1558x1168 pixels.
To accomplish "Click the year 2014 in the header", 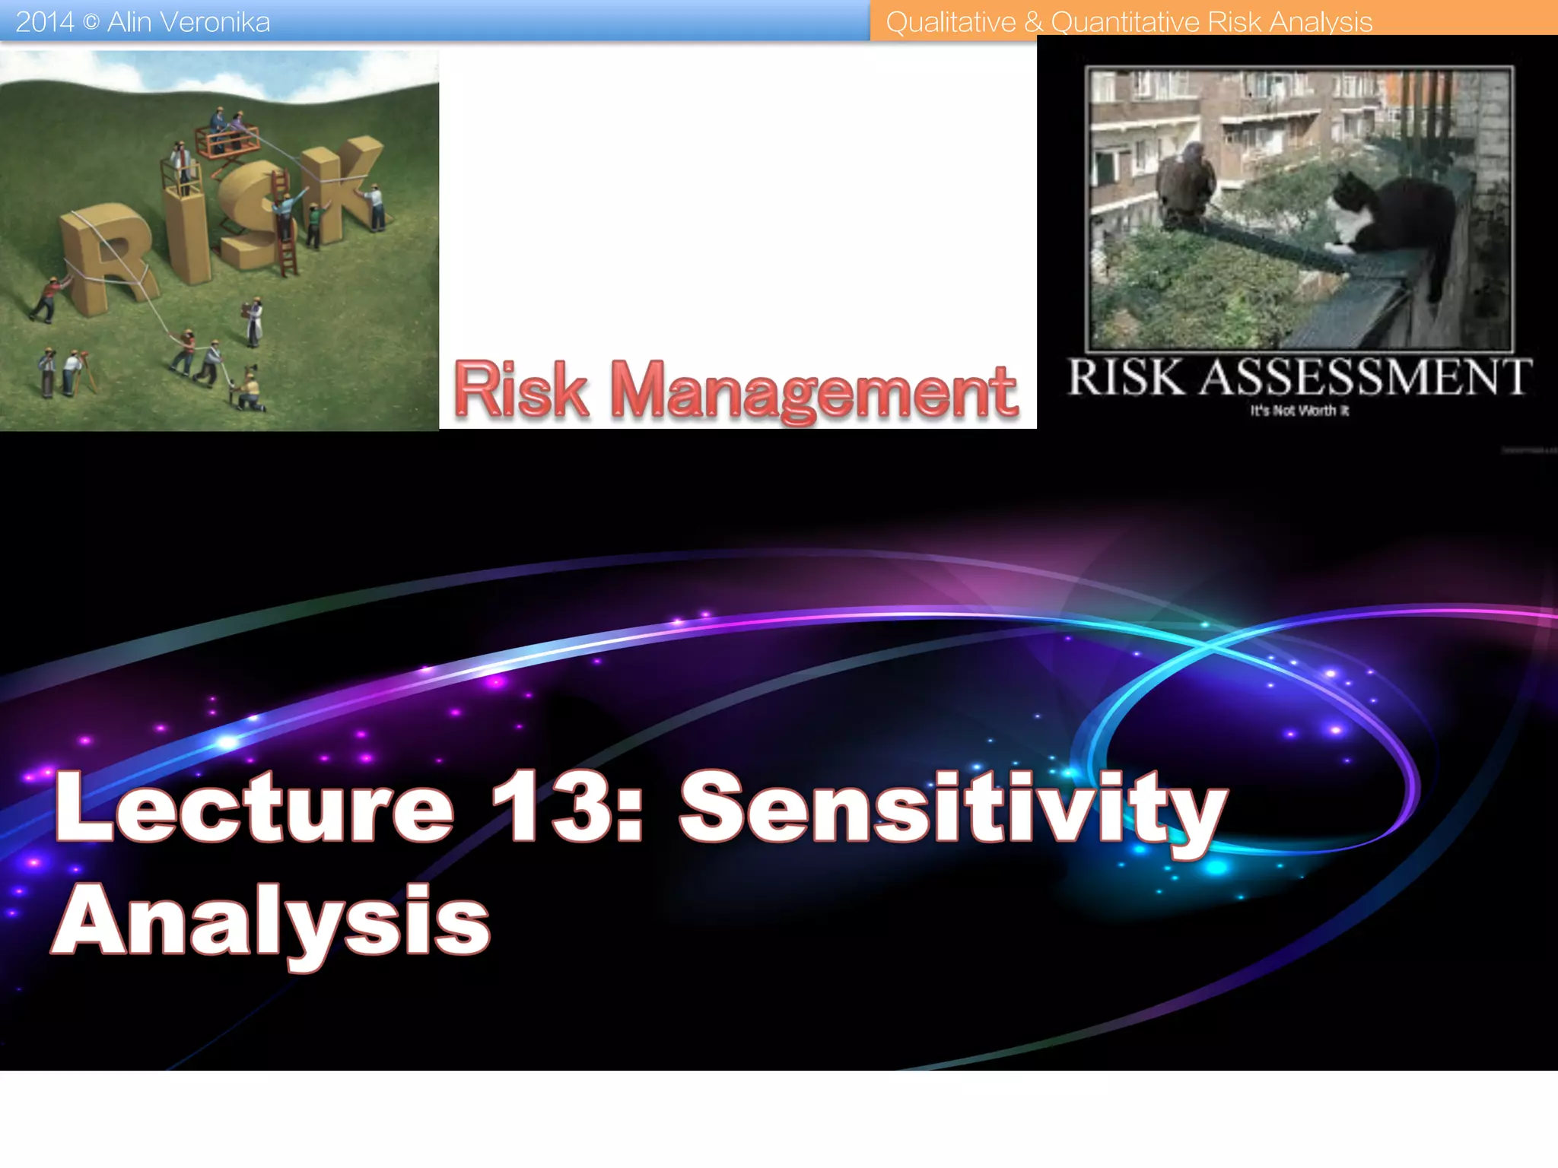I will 44,22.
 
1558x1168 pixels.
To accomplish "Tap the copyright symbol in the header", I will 91,23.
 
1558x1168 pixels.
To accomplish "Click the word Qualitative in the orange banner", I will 950,22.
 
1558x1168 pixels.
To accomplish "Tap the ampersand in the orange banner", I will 1033,23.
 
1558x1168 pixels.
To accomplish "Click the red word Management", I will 813,391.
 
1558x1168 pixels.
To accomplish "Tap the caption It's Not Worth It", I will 1299,411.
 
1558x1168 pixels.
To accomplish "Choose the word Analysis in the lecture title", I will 272,922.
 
